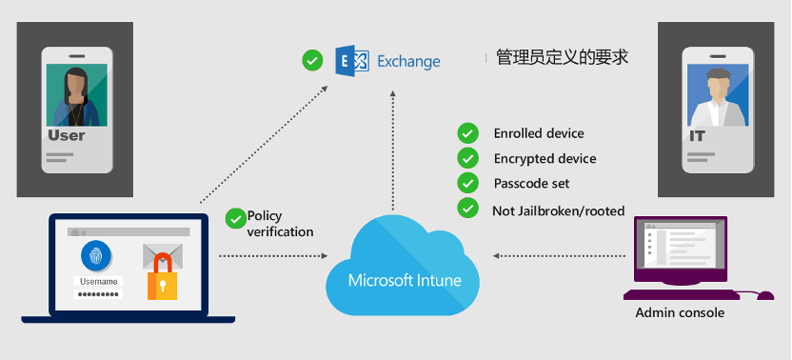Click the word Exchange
pos(408,62)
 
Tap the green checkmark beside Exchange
pos(311,62)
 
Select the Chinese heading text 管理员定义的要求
pos(562,58)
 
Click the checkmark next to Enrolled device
pos(467,133)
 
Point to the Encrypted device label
pos(544,158)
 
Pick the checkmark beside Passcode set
pos(467,183)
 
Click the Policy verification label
pos(280,224)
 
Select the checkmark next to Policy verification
pos(234,218)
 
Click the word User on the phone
pos(67,135)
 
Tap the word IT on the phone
pos(698,136)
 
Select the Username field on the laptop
pos(98,281)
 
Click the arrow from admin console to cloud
pos(556,255)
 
